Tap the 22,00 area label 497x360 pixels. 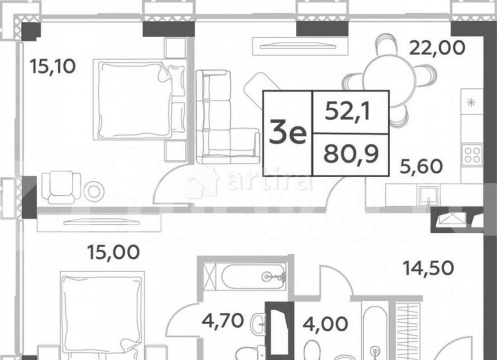(x=437, y=48)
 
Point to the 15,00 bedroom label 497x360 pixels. (x=113, y=252)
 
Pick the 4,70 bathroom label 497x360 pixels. (x=223, y=321)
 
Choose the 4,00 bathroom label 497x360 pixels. (x=325, y=325)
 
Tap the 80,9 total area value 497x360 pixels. (x=351, y=154)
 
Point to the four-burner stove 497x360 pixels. (x=472, y=153)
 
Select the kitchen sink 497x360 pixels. (x=428, y=195)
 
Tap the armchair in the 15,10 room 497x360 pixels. (x=60, y=187)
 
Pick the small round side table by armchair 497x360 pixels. (x=93, y=191)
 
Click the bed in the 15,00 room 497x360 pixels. (x=102, y=313)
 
